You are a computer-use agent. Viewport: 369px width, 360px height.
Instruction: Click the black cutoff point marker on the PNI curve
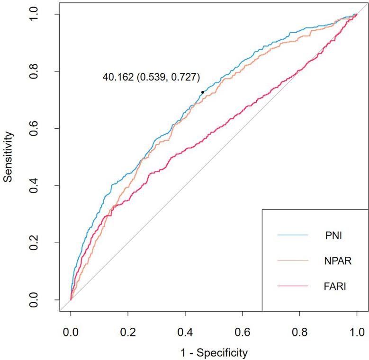(x=203, y=92)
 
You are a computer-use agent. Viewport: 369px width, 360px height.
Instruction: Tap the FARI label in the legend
(x=326, y=286)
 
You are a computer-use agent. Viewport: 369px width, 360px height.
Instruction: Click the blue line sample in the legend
(x=292, y=234)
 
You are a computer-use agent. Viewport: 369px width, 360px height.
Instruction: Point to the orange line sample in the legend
(x=292, y=260)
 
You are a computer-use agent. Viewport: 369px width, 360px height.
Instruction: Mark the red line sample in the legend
(x=292, y=286)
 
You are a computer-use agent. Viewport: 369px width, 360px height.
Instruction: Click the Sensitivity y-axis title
(x=8, y=157)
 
